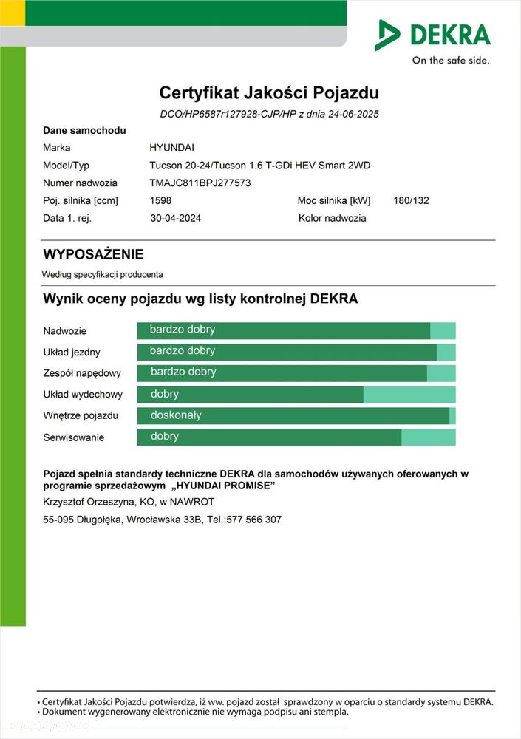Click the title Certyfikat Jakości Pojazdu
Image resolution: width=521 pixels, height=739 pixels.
(x=269, y=93)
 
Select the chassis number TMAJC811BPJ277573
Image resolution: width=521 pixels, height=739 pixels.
(x=200, y=183)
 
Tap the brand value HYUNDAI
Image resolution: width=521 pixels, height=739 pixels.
(x=172, y=148)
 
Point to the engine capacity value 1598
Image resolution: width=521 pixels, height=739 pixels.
(x=161, y=200)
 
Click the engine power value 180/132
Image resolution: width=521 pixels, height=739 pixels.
(x=412, y=200)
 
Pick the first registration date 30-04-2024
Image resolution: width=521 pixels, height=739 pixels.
(x=175, y=218)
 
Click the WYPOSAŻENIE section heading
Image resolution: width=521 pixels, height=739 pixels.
(x=93, y=255)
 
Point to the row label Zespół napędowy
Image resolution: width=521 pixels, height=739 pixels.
(x=82, y=373)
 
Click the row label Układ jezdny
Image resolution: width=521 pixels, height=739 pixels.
(x=72, y=353)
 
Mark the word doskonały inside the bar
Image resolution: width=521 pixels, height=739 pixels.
(x=176, y=415)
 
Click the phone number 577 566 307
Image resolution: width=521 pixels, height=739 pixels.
(x=255, y=520)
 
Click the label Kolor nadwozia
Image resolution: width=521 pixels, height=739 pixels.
(x=332, y=218)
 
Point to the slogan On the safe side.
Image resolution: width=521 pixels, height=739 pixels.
(x=450, y=61)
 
